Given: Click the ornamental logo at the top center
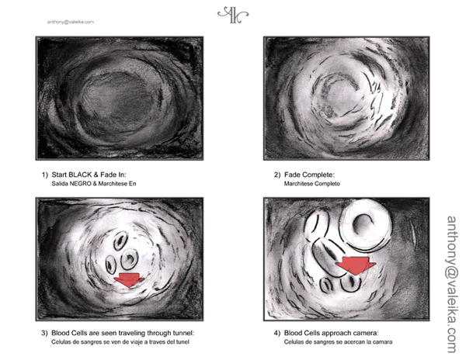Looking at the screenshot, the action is click(x=233, y=16).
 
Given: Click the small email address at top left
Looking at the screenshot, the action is click(x=71, y=22).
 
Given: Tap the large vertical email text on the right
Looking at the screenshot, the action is click(x=452, y=284).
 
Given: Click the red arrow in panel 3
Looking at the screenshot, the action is click(x=129, y=279).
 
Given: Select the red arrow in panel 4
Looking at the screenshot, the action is click(x=356, y=265).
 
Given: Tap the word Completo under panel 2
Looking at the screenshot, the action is click(x=327, y=184).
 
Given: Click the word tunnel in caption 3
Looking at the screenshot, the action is click(x=184, y=333).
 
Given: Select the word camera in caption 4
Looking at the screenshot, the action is click(x=368, y=333).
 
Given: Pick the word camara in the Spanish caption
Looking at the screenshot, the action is click(x=384, y=342).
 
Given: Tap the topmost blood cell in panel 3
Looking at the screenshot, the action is click(x=120, y=241).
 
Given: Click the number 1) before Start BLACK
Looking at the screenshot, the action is click(x=44, y=175).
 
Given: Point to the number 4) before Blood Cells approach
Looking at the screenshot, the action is click(x=277, y=334).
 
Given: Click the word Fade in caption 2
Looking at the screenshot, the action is click(x=294, y=175).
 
